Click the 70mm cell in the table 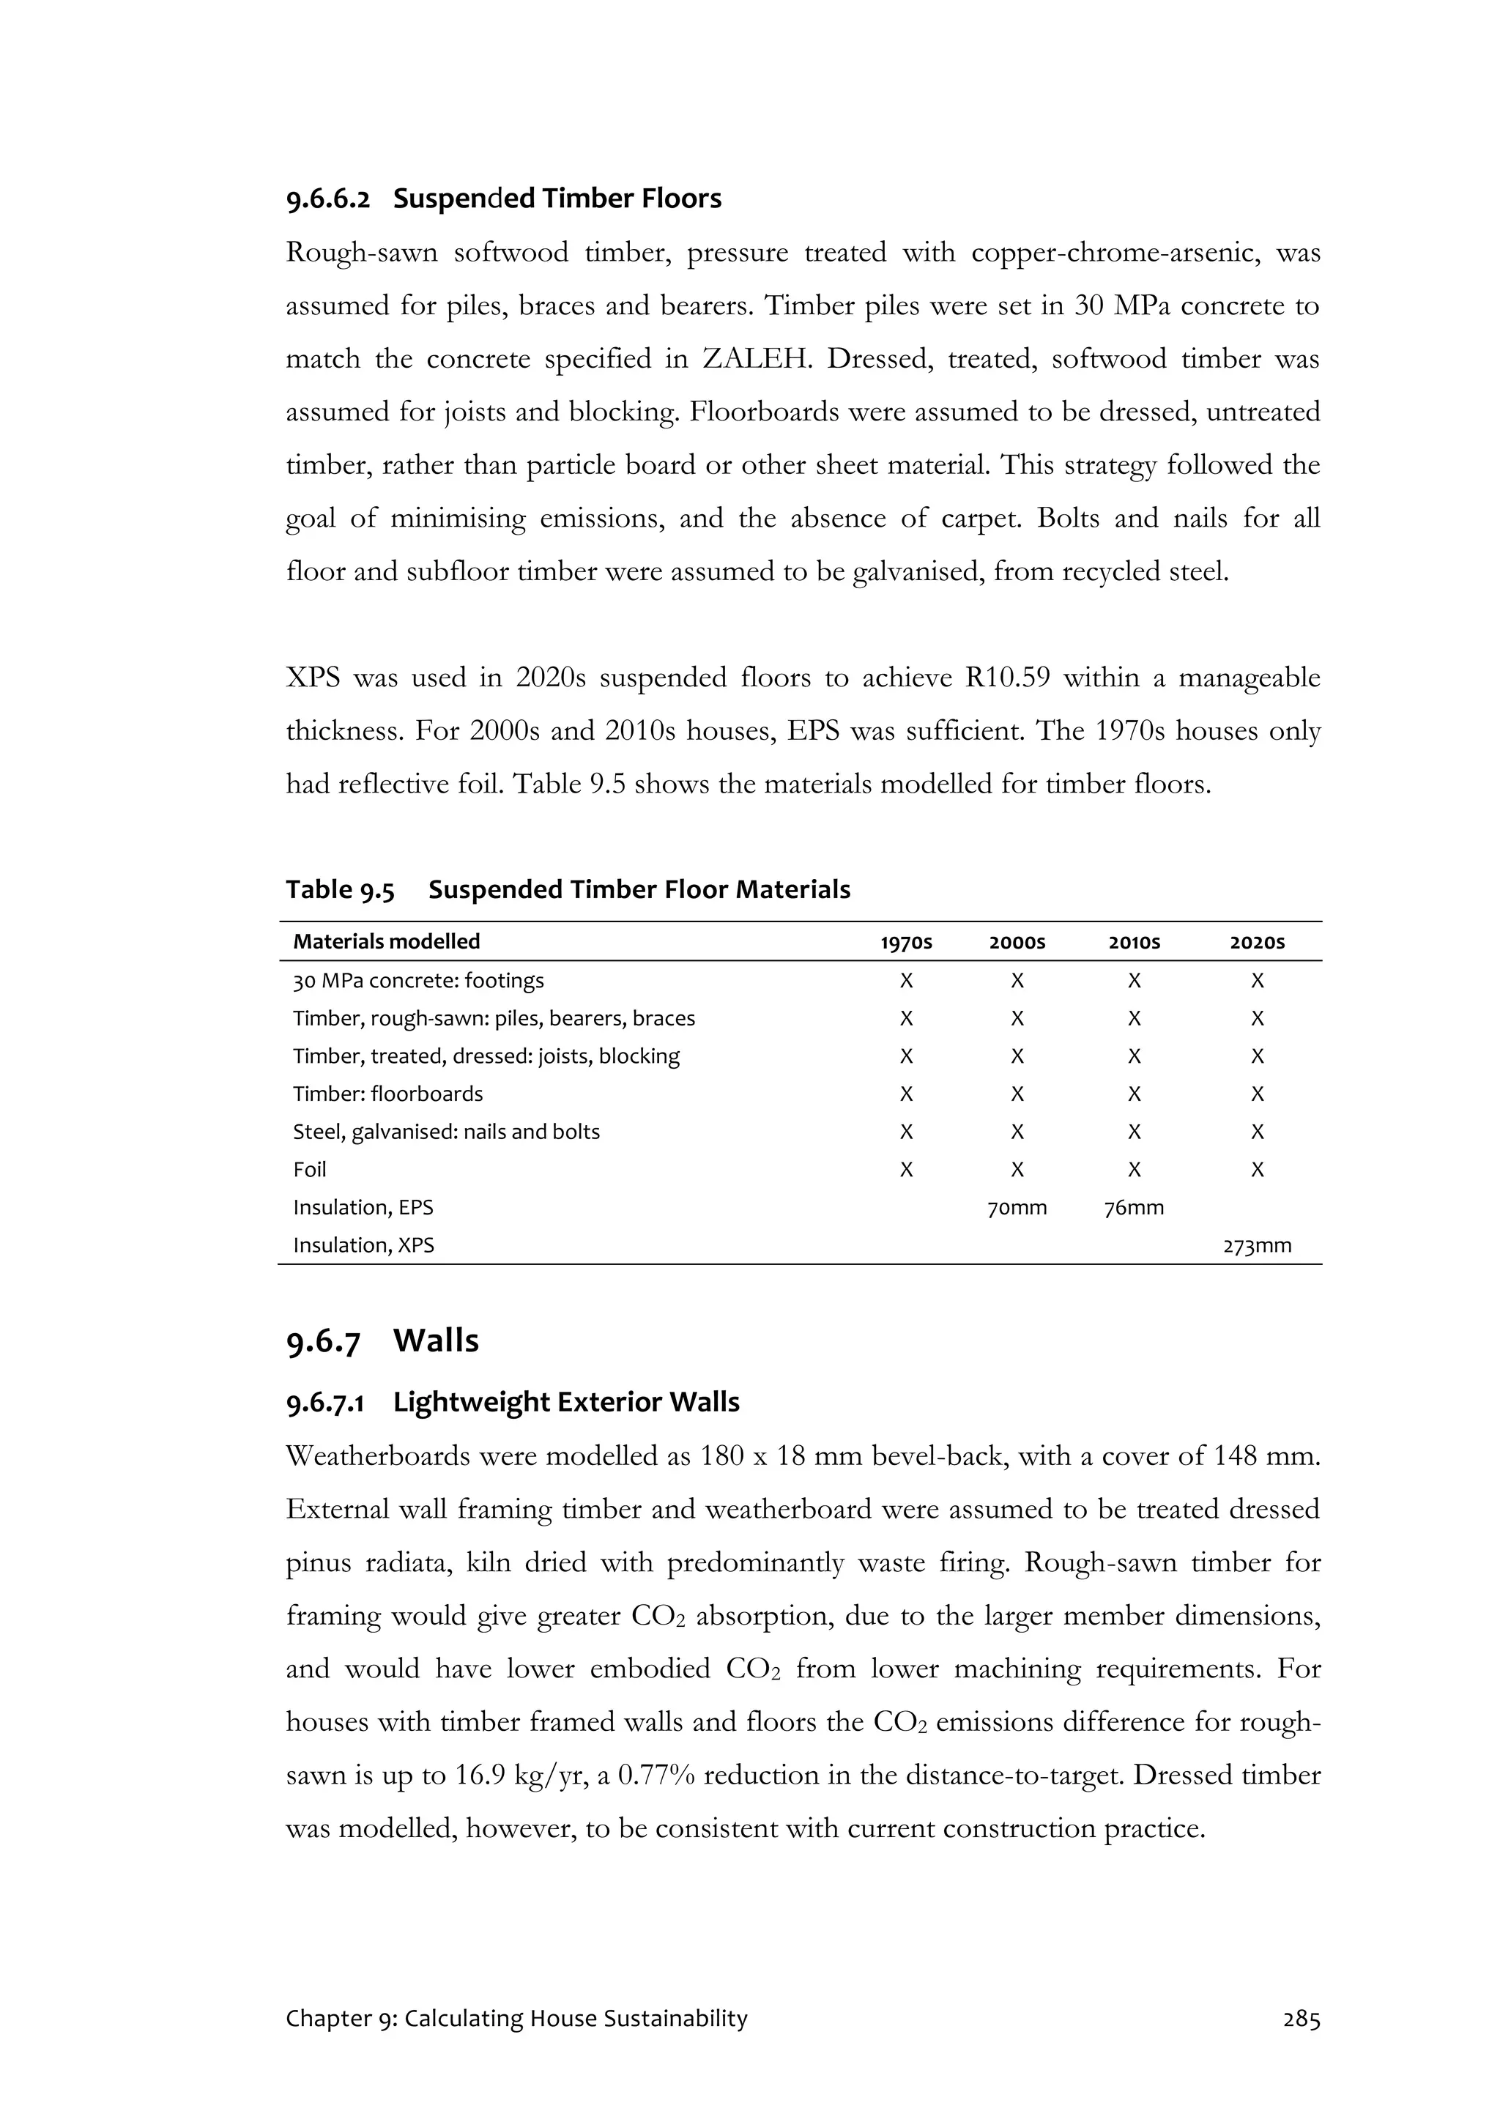click(1017, 1207)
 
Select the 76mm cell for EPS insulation click(1134, 1207)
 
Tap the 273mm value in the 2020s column click(1257, 1245)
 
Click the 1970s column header click(906, 942)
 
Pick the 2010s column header click(1134, 942)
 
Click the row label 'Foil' click(310, 1169)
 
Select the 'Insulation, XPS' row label click(363, 1245)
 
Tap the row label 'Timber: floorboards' click(387, 1094)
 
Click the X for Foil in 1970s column click(906, 1169)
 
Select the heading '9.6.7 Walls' click(382, 1340)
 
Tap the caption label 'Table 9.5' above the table click(339, 889)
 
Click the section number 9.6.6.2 click(327, 199)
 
